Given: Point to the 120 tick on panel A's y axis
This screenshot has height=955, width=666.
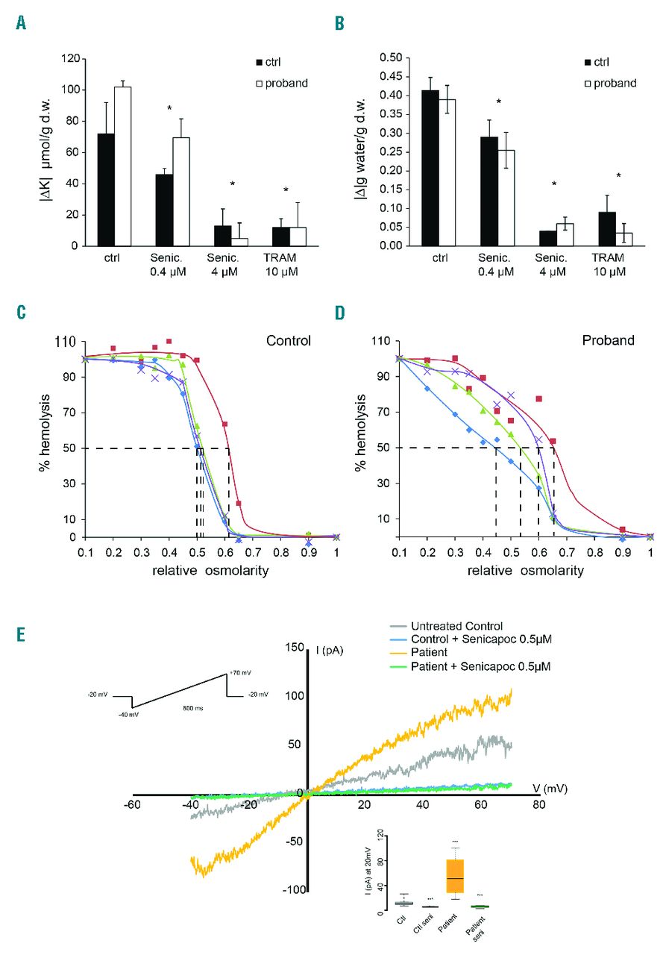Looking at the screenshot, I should click(72, 58).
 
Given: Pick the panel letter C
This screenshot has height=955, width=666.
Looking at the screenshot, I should click(22, 311).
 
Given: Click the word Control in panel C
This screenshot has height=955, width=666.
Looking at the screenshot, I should click(288, 341).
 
